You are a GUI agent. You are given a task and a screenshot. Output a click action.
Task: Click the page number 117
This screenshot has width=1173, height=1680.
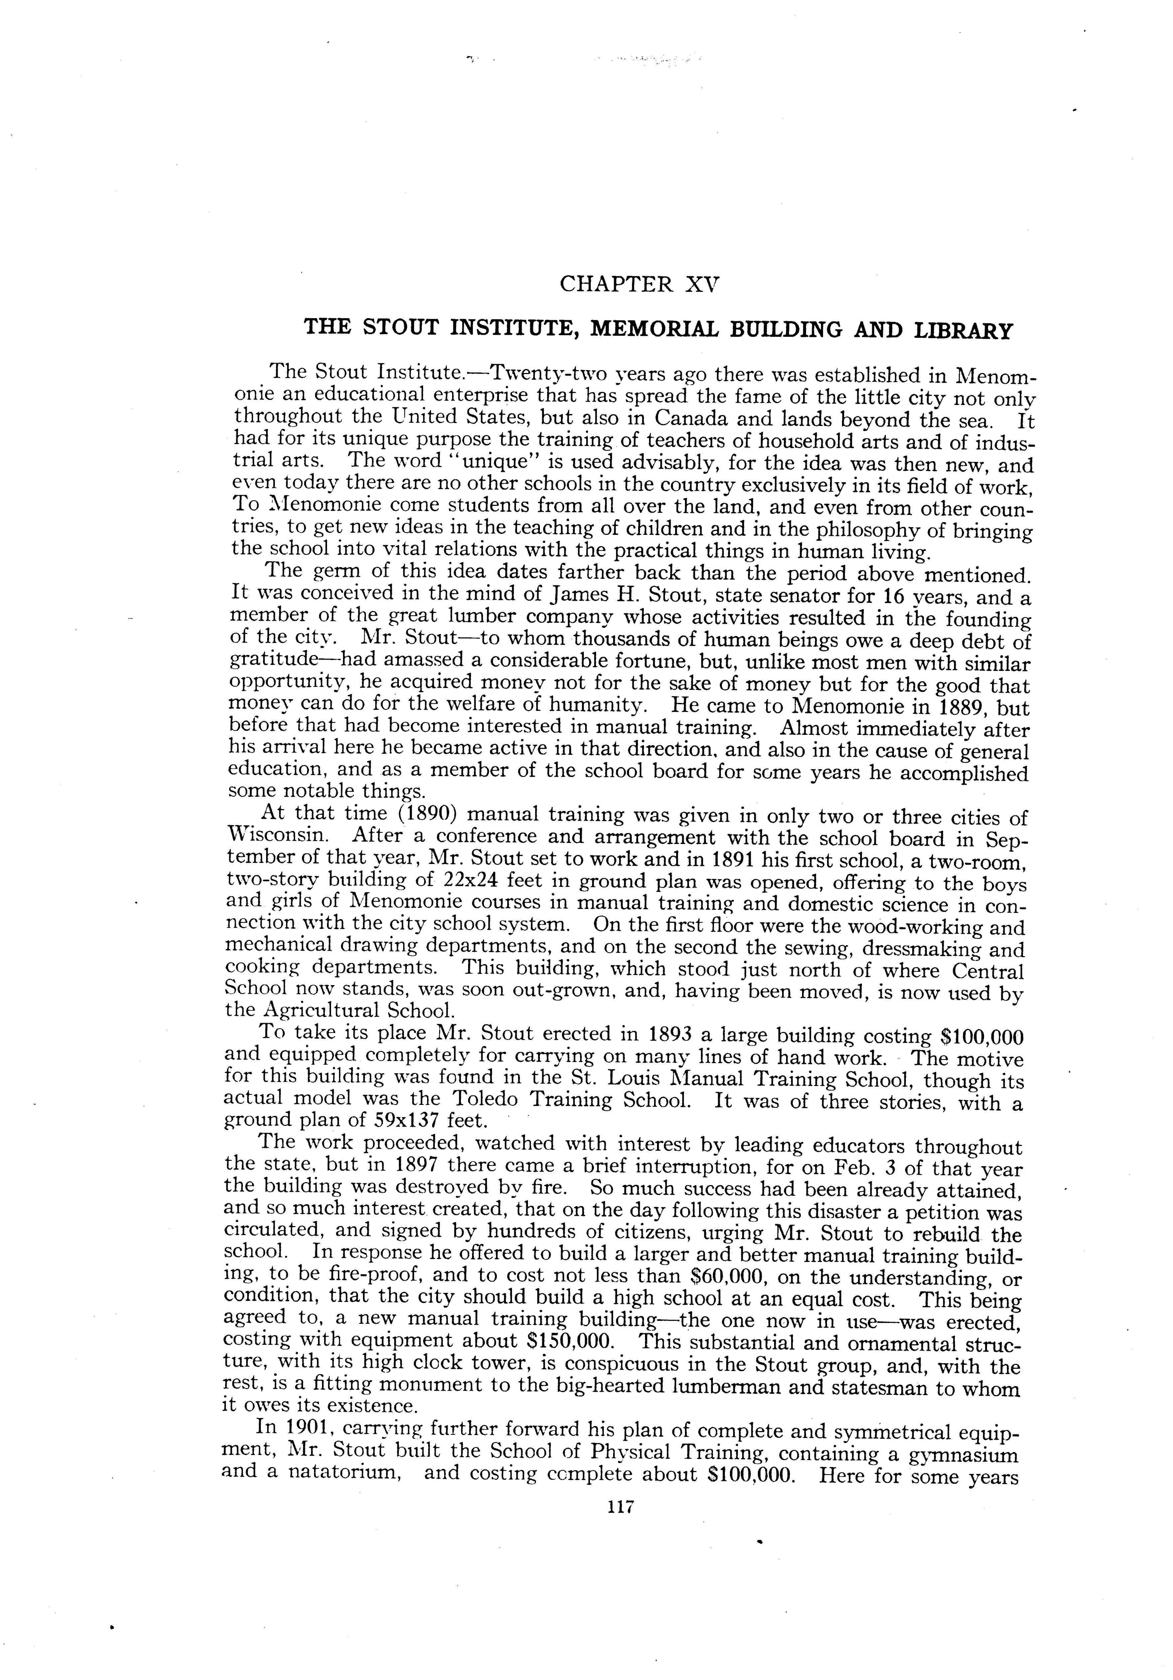(619, 1507)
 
